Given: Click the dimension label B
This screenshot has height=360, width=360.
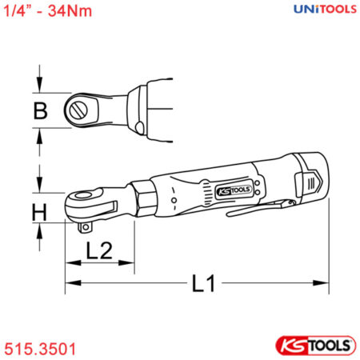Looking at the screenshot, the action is pos(41,110).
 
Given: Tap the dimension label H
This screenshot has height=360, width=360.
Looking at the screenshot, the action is pos(39,212).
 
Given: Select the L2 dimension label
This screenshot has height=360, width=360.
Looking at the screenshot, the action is pos(99,250).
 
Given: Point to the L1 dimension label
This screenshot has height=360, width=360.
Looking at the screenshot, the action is pos(204,283).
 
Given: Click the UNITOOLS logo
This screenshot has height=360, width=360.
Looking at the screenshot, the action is pos(325,9).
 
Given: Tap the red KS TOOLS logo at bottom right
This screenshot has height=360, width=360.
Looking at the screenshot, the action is pos(315,346).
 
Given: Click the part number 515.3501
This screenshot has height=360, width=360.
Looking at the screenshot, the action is pos(40,349).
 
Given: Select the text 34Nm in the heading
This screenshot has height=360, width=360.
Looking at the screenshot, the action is pos(70,11).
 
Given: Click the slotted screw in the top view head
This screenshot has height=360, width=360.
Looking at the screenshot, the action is pos(78,110).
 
